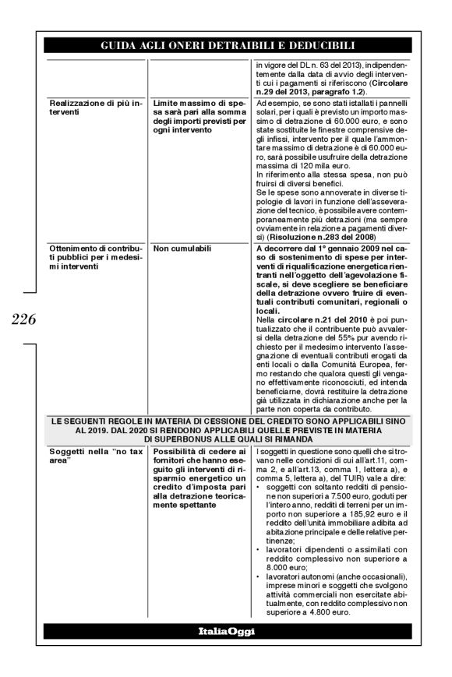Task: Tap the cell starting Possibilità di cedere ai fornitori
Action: tap(200, 477)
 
